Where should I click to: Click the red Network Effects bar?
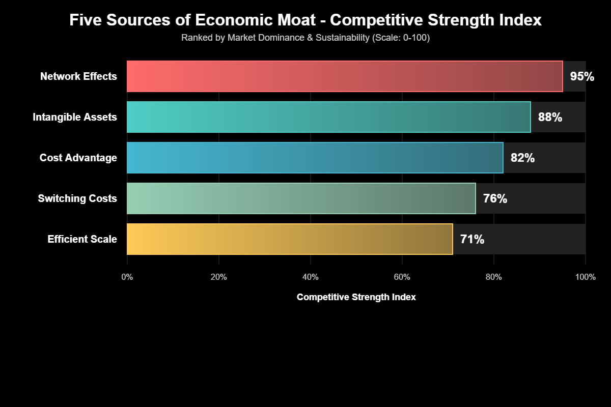pos(345,76)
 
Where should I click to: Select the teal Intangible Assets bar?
pos(328,117)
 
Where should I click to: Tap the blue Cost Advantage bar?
pos(315,158)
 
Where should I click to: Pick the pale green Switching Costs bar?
pos(301,198)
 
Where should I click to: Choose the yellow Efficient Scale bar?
pos(290,239)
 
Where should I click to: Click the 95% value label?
pos(582,77)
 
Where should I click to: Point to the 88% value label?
pos(550,118)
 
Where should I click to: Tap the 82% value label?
pos(522,158)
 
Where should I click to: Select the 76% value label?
pos(495,199)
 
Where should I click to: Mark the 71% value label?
pos(472,240)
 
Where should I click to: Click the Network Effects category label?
pos(78,77)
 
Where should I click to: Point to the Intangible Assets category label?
pos(75,118)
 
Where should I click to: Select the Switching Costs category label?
pos(77,199)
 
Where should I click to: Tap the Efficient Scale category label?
pos(82,240)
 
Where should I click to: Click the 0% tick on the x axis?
pos(127,277)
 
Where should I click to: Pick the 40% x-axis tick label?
pos(311,277)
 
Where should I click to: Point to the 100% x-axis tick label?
pos(586,277)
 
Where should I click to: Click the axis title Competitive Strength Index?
pos(356,297)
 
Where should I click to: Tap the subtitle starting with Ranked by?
pos(305,38)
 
